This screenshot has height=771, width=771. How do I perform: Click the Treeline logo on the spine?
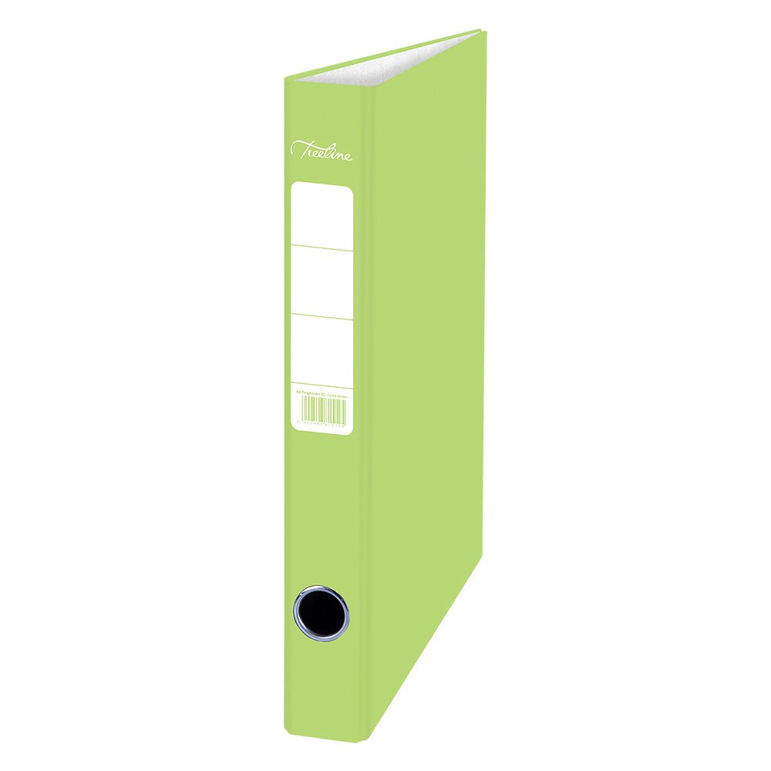[x=322, y=150]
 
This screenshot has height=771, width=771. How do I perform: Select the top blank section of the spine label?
[x=322, y=216]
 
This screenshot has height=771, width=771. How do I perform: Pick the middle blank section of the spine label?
[x=322, y=282]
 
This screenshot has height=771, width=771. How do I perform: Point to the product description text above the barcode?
[x=322, y=394]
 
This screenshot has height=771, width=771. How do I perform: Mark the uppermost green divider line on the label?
[x=322, y=247]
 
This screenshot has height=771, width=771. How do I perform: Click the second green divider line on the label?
[x=322, y=316]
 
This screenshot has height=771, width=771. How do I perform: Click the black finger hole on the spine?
[x=321, y=613]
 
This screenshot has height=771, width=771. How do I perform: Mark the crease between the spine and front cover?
[x=373, y=385]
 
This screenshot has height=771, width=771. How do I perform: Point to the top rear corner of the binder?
[x=481, y=31]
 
